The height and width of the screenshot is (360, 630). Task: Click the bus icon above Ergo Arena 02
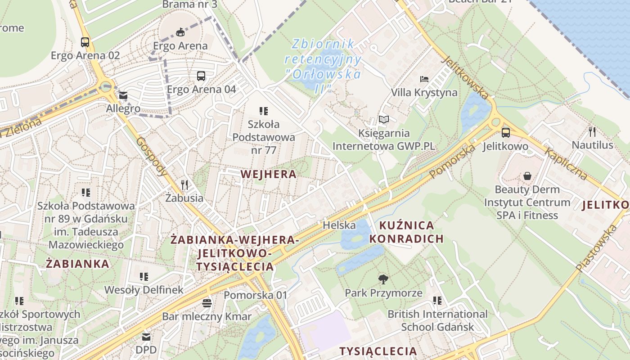coord(85,42)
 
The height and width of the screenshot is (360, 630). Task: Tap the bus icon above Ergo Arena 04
coord(201,76)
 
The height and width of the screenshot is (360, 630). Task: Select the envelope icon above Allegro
coord(123,95)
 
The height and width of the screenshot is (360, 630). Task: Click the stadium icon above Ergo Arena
coord(180,32)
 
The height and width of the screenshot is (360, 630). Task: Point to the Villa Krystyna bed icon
coord(424,79)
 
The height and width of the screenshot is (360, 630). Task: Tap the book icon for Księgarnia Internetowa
coord(383,119)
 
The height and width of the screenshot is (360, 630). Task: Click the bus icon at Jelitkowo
coord(505,133)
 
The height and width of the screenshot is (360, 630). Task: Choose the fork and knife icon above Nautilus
coord(592,131)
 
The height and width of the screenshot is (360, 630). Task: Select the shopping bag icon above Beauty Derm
coord(527,176)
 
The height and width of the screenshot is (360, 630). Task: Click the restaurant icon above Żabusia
coord(184,184)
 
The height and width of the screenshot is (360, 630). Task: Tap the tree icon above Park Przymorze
coord(383,279)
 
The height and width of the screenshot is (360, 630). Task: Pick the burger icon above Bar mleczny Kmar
coord(207,303)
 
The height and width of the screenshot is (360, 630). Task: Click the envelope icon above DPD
coord(146,337)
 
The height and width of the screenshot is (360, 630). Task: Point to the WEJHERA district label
coord(269,174)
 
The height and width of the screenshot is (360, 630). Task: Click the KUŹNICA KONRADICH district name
coord(406,232)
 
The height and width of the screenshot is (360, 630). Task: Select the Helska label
coord(339,225)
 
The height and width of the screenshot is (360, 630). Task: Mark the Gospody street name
coord(151,156)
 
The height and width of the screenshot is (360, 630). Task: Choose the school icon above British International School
coord(437,300)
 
